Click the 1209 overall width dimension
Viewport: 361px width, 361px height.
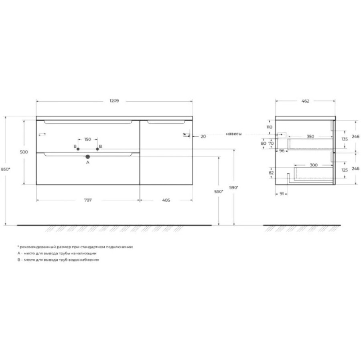[114, 101]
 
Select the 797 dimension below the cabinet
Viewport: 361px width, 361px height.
[88, 200]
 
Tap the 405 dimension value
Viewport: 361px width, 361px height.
[166, 200]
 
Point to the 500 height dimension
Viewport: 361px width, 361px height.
[24, 152]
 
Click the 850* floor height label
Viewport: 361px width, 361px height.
[6, 169]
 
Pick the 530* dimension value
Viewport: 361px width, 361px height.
[219, 192]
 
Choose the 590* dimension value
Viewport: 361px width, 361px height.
[234, 188]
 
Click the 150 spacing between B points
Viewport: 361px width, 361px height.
[88, 139]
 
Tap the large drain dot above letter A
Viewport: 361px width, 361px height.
[88, 157]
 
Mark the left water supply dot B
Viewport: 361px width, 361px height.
[78, 149]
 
